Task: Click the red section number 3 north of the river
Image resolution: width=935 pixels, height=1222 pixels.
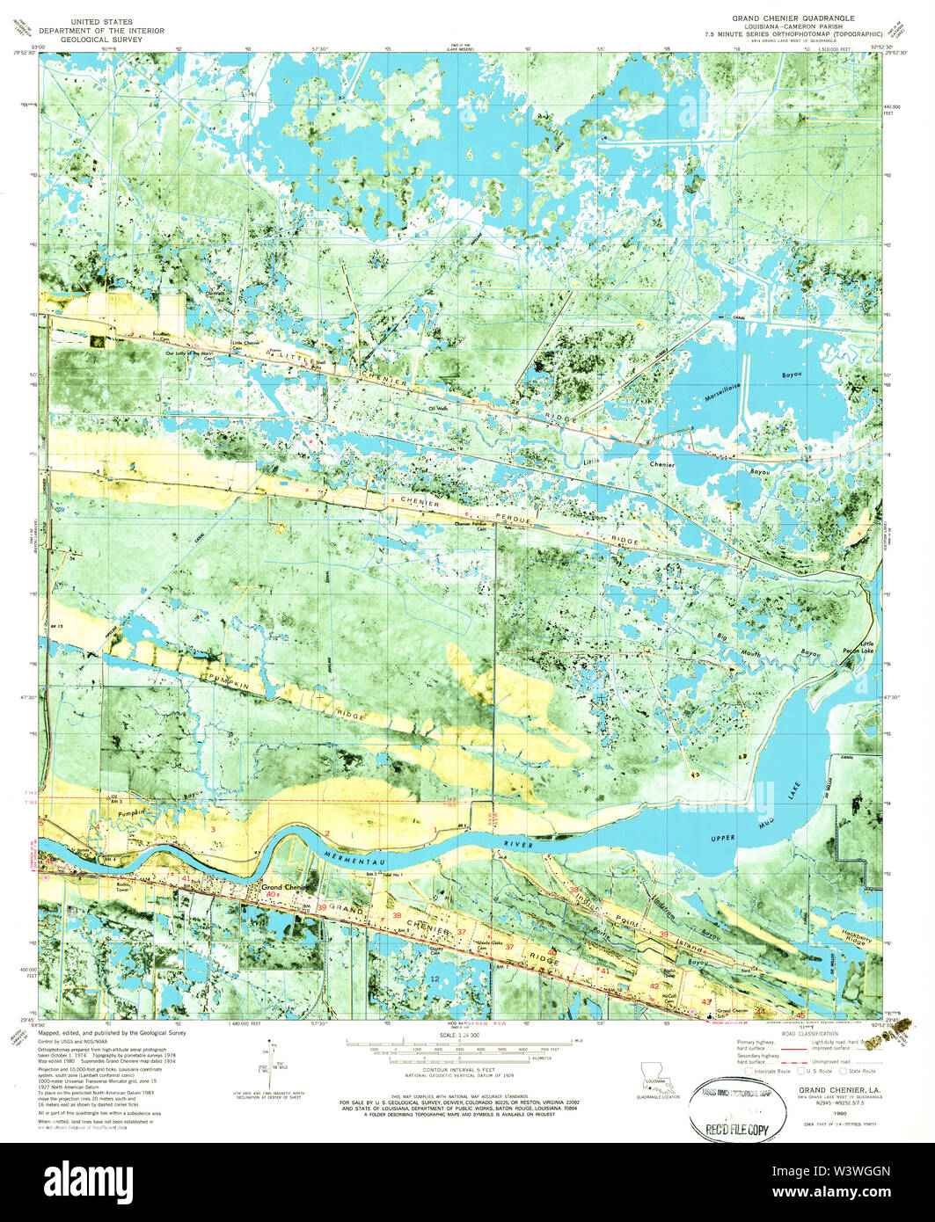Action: tap(213, 829)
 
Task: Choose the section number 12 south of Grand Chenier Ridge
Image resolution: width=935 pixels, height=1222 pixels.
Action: tap(435, 978)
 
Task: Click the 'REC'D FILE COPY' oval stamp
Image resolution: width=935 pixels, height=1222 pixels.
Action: tap(733, 1105)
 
